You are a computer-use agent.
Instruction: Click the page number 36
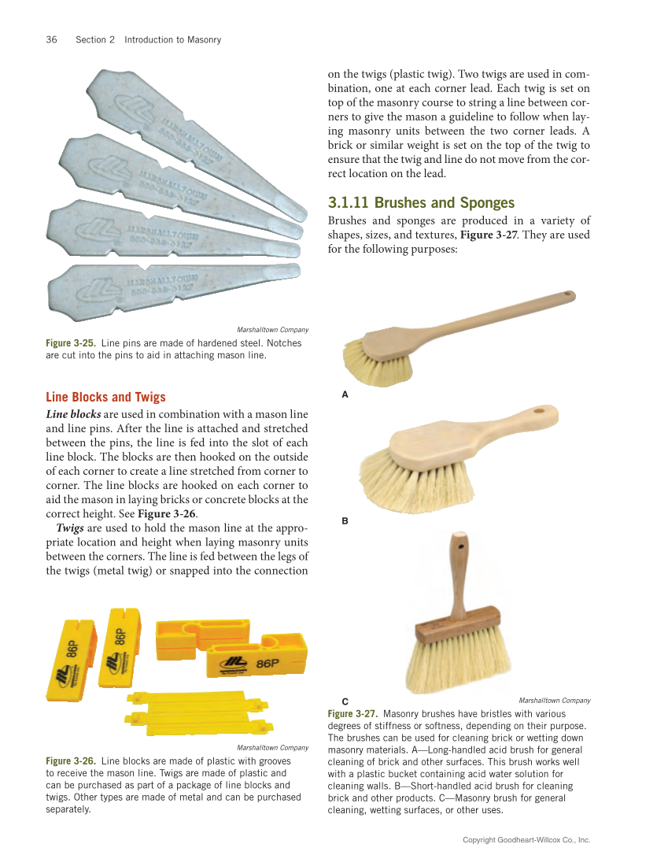point(51,39)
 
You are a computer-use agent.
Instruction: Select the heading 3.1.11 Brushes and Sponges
point(421,202)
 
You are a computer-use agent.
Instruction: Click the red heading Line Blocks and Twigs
point(105,397)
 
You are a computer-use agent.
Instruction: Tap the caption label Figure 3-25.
point(71,343)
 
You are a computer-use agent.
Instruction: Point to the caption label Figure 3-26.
point(71,761)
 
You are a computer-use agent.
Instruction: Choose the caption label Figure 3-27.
point(352,713)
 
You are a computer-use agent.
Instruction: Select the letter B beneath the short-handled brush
point(345,521)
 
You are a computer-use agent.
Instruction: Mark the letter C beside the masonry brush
point(345,700)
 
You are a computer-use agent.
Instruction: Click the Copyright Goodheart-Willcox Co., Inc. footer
point(526,840)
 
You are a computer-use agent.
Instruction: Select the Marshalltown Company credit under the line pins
point(272,330)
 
